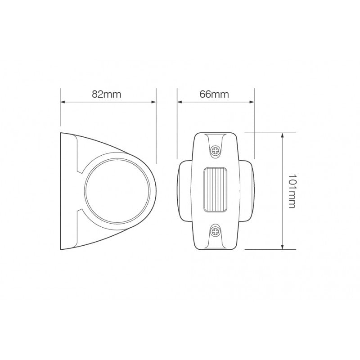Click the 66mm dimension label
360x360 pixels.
[x=215, y=94]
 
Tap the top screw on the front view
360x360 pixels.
[x=215, y=150]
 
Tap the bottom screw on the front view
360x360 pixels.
[x=215, y=232]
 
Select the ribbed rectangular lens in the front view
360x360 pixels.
[x=215, y=190]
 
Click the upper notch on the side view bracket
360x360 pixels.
[x=80, y=170]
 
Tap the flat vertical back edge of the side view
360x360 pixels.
[x=60, y=191]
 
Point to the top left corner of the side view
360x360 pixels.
[x=61, y=133]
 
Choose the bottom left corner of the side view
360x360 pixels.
[x=61, y=248]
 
